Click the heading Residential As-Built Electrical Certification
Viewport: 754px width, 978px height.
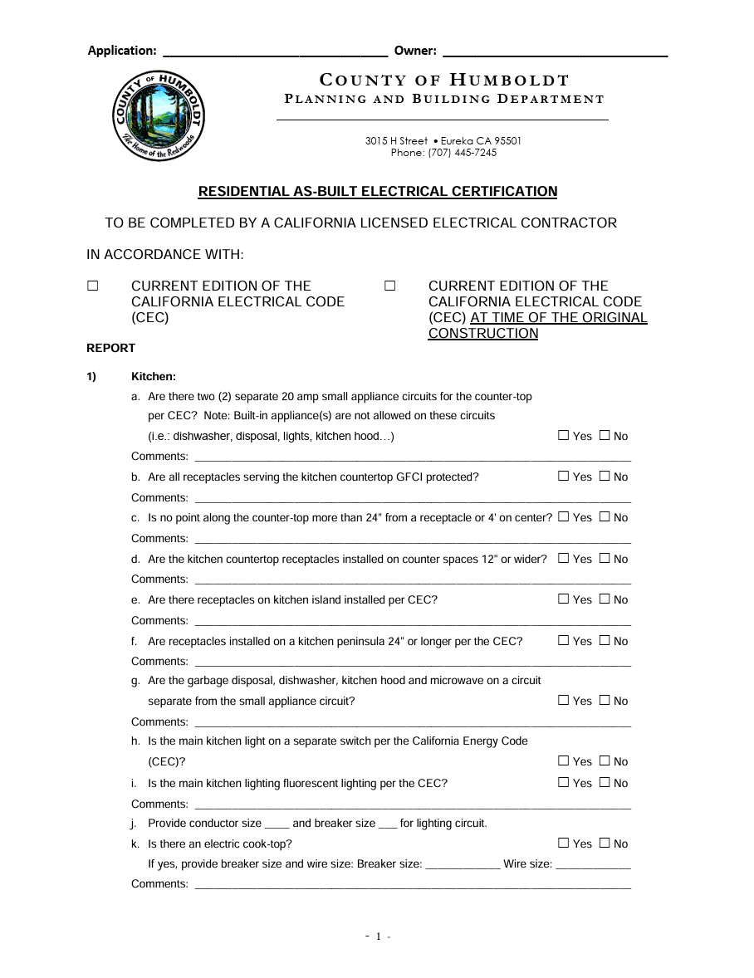[377, 192]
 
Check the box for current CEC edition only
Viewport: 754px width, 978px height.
[92, 286]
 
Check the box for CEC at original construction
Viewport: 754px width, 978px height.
[389, 286]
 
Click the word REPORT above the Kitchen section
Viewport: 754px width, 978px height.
[110, 348]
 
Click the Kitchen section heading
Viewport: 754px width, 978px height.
[154, 376]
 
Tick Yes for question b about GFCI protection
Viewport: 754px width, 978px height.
[564, 477]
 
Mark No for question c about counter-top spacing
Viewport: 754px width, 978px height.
[605, 517]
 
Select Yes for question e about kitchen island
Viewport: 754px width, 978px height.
[564, 599]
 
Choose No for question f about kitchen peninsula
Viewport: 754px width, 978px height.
[605, 640]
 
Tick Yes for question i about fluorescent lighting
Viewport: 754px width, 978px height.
[564, 782]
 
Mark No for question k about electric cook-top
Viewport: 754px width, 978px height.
[605, 843]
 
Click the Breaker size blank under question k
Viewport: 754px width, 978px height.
[462, 864]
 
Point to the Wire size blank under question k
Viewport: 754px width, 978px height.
[593, 864]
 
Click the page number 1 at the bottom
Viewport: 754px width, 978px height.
[378, 936]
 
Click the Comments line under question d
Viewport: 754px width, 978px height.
[412, 580]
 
